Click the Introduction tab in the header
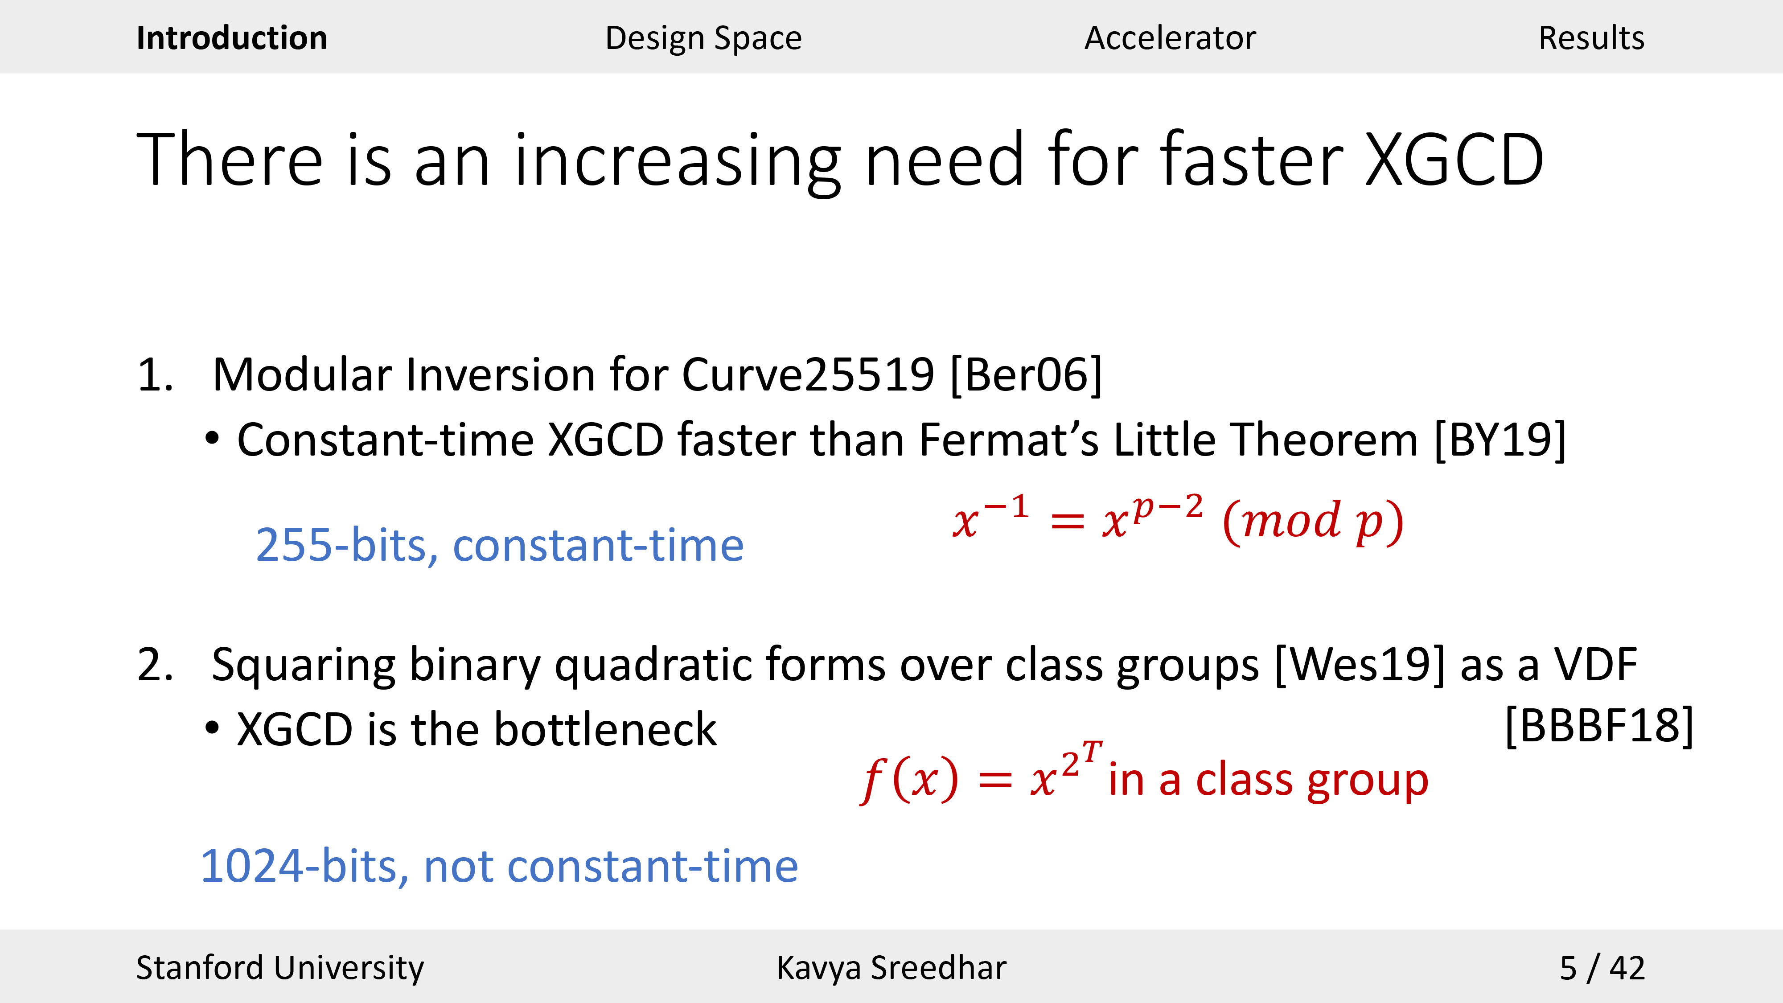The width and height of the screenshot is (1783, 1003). click(x=232, y=38)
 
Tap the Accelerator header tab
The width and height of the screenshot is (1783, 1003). click(x=1170, y=38)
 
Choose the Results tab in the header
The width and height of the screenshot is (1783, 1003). click(x=1591, y=38)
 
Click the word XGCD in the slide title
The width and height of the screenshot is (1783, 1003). click(x=1454, y=160)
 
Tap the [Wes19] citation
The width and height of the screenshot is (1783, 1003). click(x=1360, y=665)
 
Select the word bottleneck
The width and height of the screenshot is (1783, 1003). click(x=606, y=730)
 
